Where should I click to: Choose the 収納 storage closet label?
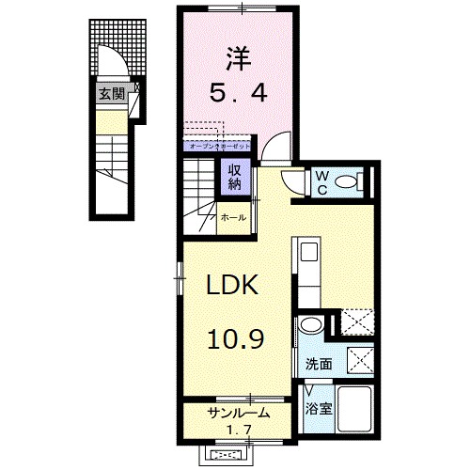click(232, 177)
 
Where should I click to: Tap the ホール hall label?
click(233, 217)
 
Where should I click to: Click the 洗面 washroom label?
click(316, 363)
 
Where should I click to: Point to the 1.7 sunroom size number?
click(240, 431)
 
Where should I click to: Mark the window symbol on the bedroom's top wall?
click(241, 8)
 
